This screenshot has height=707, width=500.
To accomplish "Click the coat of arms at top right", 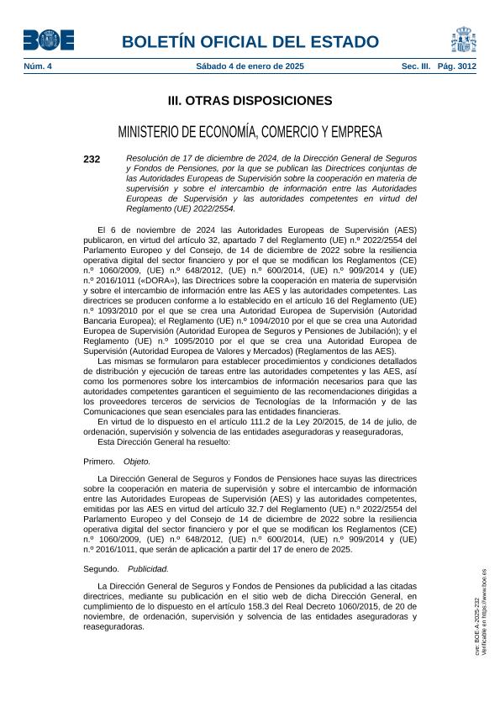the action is (464, 39).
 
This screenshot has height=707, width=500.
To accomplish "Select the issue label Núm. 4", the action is (37, 65).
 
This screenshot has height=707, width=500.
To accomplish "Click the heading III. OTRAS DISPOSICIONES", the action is (250, 101).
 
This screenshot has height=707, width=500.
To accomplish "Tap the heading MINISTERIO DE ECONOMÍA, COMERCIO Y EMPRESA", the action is (250, 132).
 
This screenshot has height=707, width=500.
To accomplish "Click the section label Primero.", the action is (99, 462).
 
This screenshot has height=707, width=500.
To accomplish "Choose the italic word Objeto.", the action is (137, 462).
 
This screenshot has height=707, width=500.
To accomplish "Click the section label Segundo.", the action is (101, 568).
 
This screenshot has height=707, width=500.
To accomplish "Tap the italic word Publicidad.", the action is (148, 568).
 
